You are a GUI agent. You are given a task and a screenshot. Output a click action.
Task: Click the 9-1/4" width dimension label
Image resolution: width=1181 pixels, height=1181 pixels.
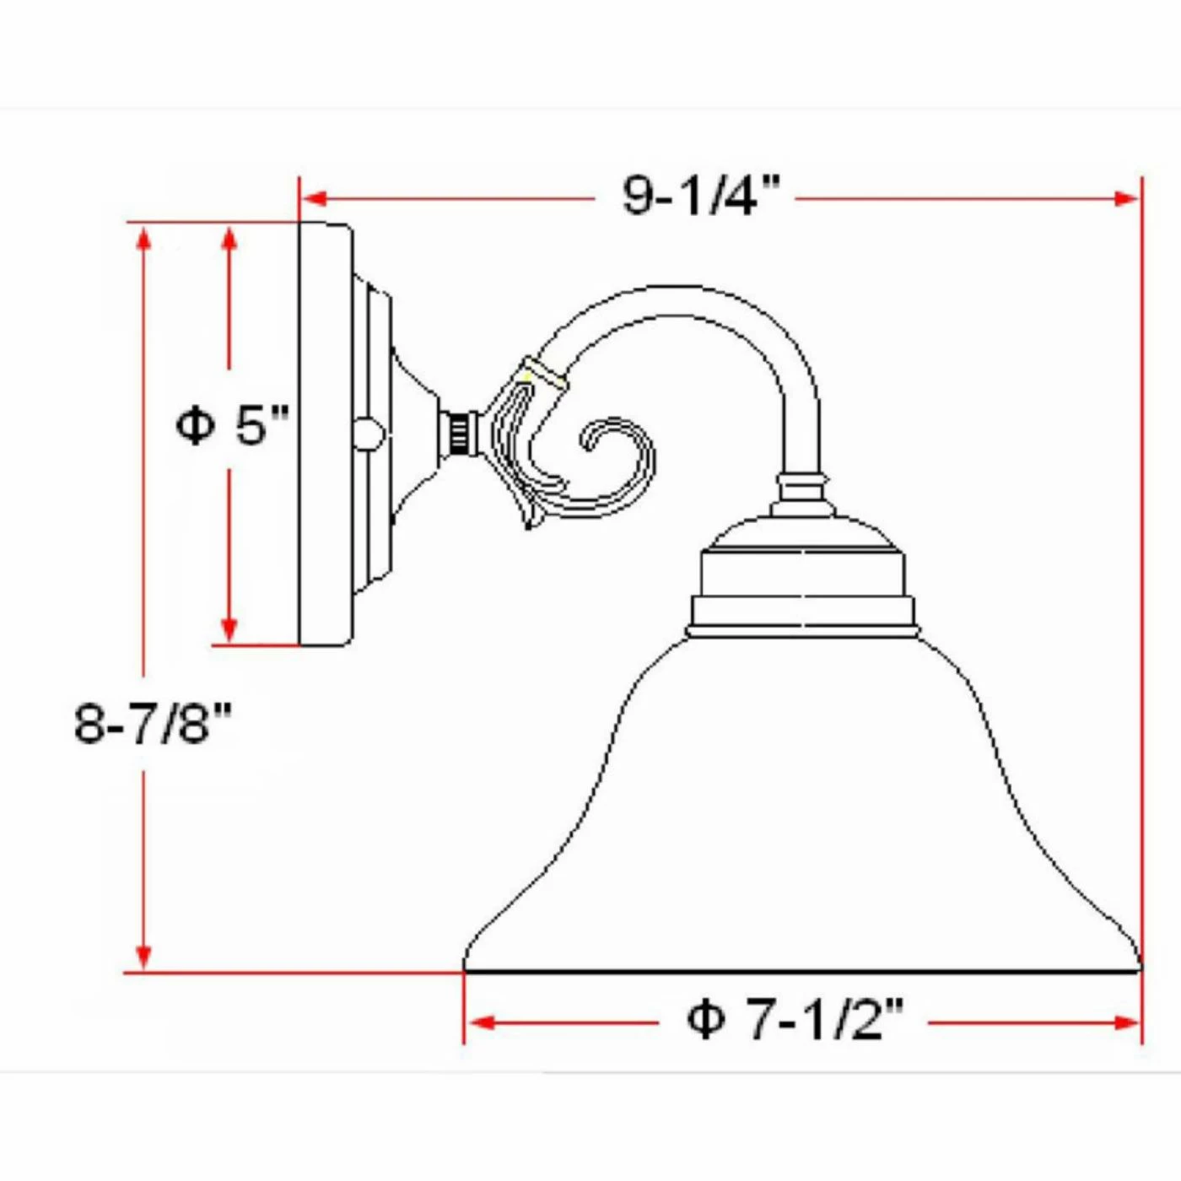pyautogui.click(x=700, y=196)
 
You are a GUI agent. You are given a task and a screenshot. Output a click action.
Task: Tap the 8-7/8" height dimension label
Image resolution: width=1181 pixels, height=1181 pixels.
pyautogui.click(x=152, y=723)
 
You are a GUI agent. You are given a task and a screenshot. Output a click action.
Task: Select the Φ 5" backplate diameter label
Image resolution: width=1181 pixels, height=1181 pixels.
pyautogui.click(x=232, y=423)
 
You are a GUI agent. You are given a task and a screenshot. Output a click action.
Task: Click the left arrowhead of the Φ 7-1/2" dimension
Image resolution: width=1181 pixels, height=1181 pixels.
pyautogui.click(x=480, y=1023)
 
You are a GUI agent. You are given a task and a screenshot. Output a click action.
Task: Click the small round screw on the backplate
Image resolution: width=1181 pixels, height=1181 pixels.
pyautogui.click(x=367, y=434)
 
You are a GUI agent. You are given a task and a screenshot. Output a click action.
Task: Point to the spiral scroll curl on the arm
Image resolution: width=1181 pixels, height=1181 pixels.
pyautogui.click(x=612, y=456)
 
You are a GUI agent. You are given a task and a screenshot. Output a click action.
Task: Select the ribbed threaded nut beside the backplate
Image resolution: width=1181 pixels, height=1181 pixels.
pyautogui.click(x=459, y=434)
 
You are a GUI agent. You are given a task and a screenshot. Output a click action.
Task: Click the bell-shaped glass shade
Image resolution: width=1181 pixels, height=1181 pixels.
pyautogui.click(x=801, y=810)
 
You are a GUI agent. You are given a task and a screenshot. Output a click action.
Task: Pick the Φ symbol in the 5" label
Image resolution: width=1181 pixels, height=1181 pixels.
pyautogui.click(x=195, y=424)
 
